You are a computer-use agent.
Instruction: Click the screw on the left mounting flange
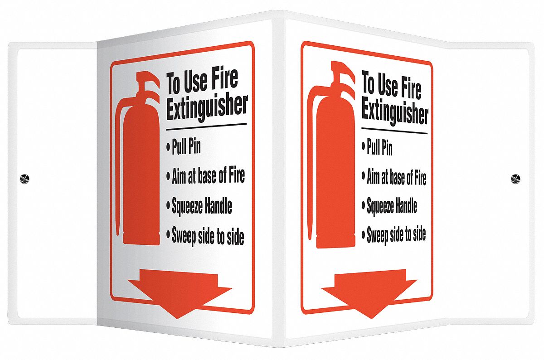(24, 179)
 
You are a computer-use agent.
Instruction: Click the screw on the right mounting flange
(515, 179)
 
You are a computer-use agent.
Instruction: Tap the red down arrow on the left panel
(180, 293)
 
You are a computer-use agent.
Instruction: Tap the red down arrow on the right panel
(369, 294)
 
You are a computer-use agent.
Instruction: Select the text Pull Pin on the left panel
(186, 146)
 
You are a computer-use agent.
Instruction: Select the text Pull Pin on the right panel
(379, 147)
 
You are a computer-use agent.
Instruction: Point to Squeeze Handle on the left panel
(202, 205)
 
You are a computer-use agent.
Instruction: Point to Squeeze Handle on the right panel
(392, 205)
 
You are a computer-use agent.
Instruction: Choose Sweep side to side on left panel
(208, 235)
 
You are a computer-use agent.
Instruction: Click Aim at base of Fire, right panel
(396, 176)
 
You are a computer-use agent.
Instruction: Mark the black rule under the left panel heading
(206, 127)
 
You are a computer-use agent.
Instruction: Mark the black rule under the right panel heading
(394, 131)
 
